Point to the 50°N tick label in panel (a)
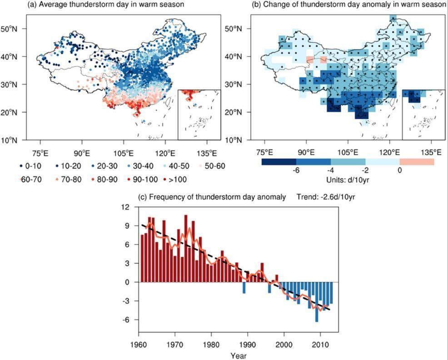13,29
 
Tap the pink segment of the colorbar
417,161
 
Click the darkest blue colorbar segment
279,161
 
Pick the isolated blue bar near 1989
244,288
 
